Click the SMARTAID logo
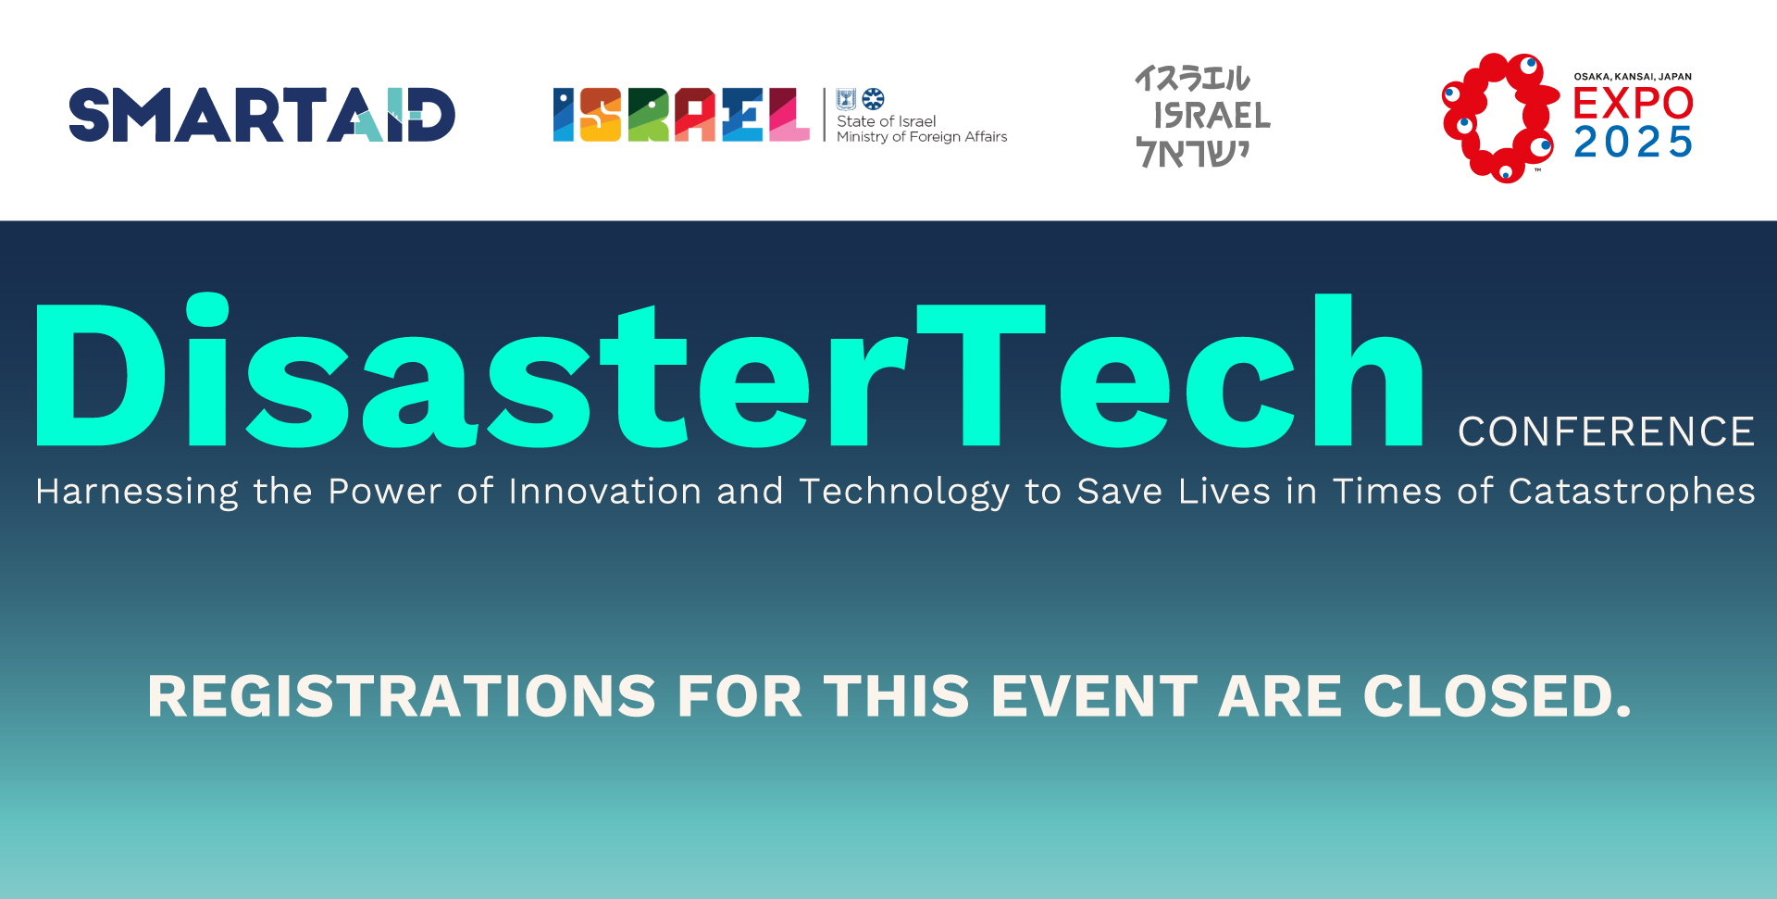(262, 115)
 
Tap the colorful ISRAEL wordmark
(681, 115)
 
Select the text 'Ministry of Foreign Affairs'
(922, 137)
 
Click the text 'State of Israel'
(886, 121)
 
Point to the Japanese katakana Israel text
(1192, 79)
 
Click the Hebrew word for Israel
(1192, 153)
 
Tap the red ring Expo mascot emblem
(1499, 118)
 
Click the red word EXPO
(1634, 103)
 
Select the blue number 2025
(1634, 142)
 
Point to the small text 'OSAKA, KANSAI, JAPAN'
(1633, 77)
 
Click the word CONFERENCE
(1606, 431)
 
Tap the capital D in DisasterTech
(100, 375)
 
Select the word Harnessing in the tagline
(137, 493)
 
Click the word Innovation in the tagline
(605, 491)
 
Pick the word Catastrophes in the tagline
(1632, 493)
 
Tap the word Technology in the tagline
(904, 493)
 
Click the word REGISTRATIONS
(402, 696)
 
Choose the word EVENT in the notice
(1095, 696)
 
